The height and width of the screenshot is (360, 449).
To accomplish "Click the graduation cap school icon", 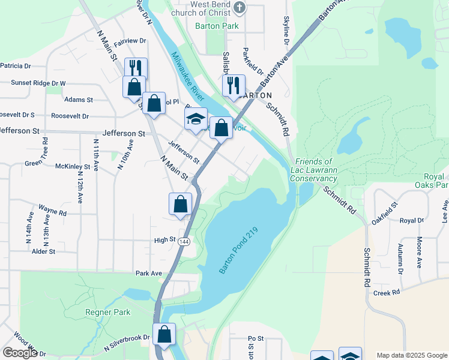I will [196, 119].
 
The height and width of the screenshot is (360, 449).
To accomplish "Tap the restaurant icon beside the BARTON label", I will [234, 85].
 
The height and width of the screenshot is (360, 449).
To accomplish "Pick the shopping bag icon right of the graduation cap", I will [221, 127].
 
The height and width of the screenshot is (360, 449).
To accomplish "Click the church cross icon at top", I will [240, 7].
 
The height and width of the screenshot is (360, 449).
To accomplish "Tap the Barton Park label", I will [217, 26].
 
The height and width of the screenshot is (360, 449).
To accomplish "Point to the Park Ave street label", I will [149, 273].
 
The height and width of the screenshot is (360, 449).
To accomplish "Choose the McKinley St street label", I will [72, 166].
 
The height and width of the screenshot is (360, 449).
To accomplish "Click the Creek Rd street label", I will [386, 293].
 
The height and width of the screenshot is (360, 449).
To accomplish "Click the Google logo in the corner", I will [20, 353].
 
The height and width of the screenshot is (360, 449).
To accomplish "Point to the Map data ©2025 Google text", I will [412, 355].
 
